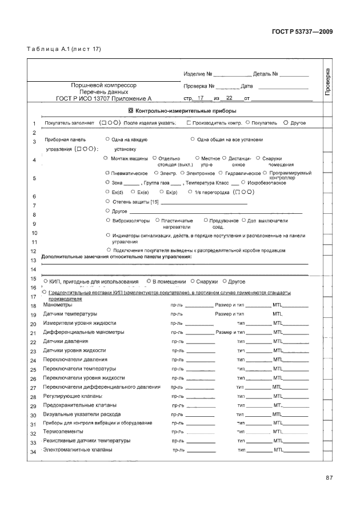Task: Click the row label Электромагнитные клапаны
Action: [x=78, y=450]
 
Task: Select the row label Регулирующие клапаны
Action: [x=73, y=396]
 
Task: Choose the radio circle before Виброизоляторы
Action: [x=109, y=220]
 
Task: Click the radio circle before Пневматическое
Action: [x=108, y=173]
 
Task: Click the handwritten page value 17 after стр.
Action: [x=201, y=98]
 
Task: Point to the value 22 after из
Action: [x=230, y=98]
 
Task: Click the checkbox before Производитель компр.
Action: [x=189, y=123]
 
